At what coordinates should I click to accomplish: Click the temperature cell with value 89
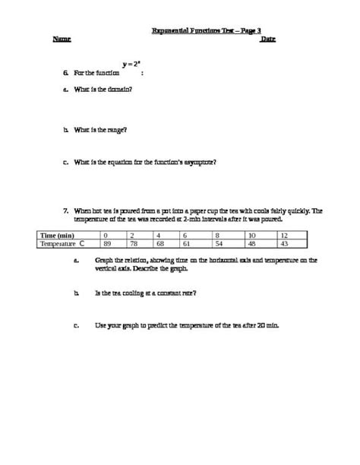pyautogui.click(x=108, y=245)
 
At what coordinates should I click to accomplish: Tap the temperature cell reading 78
pyautogui.click(x=134, y=245)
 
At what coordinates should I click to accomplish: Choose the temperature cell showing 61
pyautogui.click(x=188, y=245)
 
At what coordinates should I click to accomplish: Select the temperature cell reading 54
pyautogui.click(x=219, y=245)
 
